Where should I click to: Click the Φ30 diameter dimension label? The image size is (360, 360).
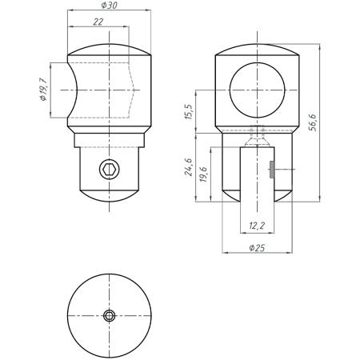click(109, 5)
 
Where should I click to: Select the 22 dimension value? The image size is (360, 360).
click(98, 22)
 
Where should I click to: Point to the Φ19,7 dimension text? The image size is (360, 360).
click(43, 90)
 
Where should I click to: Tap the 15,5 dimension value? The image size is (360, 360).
click(189, 112)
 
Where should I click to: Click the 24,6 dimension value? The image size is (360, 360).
click(189, 167)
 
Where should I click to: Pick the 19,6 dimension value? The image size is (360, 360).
click(203, 174)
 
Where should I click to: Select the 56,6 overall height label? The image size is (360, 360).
click(312, 122)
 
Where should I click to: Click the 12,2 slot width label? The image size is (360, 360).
click(257, 226)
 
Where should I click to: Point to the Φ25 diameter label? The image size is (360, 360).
click(257, 248)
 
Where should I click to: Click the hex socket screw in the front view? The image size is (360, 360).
click(110, 169)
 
